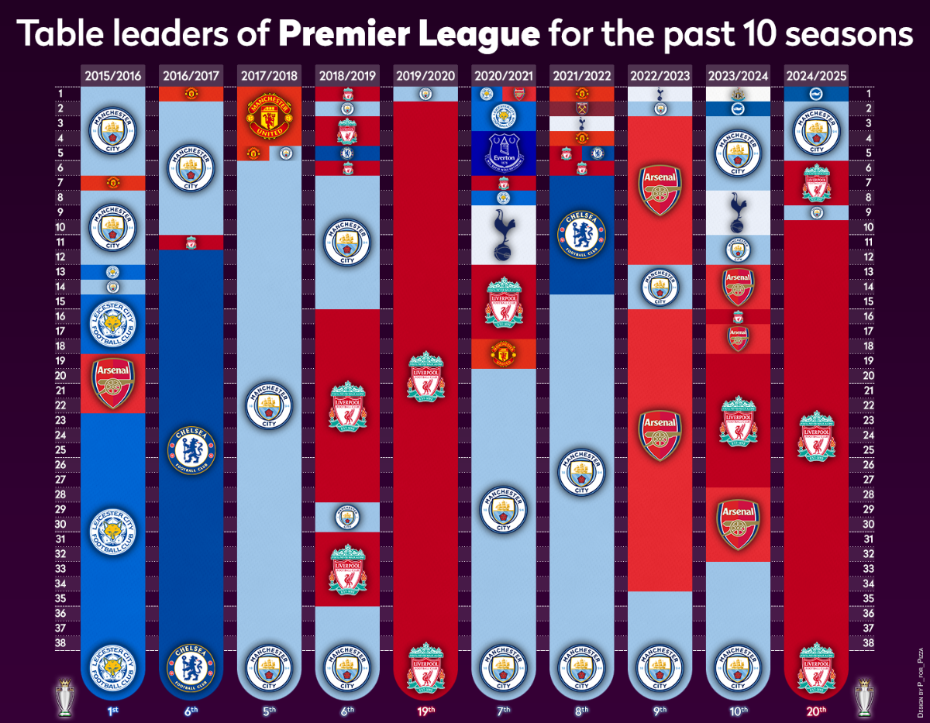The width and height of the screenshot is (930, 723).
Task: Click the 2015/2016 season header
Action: click(x=112, y=75)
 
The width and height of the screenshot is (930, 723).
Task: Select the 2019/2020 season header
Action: click(x=425, y=75)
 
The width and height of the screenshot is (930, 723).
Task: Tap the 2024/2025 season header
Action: click(x=815, y=75)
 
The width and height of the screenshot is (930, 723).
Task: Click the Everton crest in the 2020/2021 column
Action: click(x=503, y=153)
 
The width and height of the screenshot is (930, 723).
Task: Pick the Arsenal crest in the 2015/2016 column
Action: click(x=112, y=383)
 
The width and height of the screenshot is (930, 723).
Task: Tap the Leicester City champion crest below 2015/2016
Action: click(x=112, y=667)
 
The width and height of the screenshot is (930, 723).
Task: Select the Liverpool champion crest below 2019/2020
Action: click(x=425, y=667)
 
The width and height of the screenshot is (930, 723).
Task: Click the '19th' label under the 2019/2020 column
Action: click(x=425, y=710)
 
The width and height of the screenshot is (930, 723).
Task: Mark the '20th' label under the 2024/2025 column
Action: click(x=815, y=710)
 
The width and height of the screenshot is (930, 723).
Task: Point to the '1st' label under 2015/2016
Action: click(x=112, y=710)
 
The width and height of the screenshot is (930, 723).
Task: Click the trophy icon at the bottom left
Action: click(x=64, y=697)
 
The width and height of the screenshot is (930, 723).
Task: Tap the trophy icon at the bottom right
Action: click(x=864, y=697)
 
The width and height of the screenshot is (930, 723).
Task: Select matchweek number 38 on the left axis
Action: click(x=60, y=642)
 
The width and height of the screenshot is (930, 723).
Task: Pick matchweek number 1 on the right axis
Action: click(x=870, y=94)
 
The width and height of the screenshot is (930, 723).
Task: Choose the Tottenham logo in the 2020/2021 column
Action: click(x=503, y=236)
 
